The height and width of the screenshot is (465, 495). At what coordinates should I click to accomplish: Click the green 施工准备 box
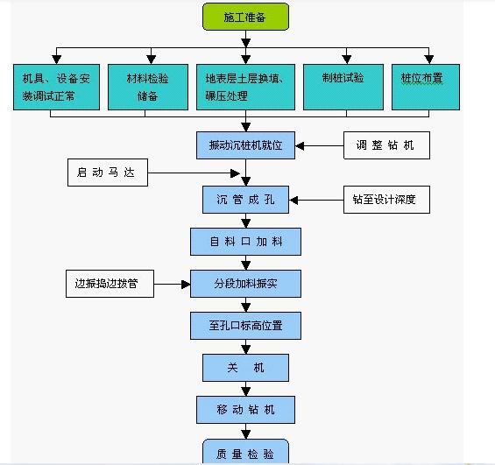pos(244,17)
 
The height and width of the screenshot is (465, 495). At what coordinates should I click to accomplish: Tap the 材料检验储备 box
pos(148,86)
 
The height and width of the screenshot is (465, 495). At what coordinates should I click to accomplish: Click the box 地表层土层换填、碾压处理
pos(244,86)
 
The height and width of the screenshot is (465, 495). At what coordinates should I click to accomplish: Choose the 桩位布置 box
pos(425,86)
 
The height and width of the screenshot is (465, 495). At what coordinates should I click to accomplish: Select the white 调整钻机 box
pos(386,144)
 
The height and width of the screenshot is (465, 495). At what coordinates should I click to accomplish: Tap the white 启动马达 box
pos(107,173)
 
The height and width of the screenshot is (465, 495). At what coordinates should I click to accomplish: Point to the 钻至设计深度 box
pos(385,200)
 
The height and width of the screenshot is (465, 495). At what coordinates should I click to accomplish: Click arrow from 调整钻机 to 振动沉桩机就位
pos(319,144)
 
